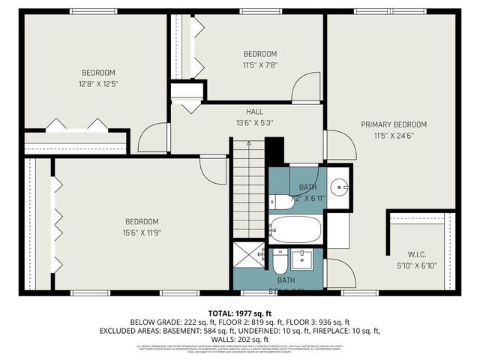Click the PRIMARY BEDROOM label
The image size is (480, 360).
tap(394, 124)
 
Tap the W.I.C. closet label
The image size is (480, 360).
tap(415, 253)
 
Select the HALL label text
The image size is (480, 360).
tap(244, 112)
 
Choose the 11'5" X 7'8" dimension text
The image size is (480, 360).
tap(260, 64)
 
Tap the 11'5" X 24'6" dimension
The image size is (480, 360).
tap(394, 136)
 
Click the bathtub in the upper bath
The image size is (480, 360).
tap(295, 229)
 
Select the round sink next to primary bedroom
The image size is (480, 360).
tap(340, 186)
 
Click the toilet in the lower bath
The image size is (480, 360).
tap(279, 264)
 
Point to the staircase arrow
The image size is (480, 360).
tap(247, 187)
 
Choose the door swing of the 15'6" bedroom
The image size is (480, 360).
tap(214, 170)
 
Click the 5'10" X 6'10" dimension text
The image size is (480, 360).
tap(415, 265)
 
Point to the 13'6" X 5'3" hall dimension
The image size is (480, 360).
tap(244, 123)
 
